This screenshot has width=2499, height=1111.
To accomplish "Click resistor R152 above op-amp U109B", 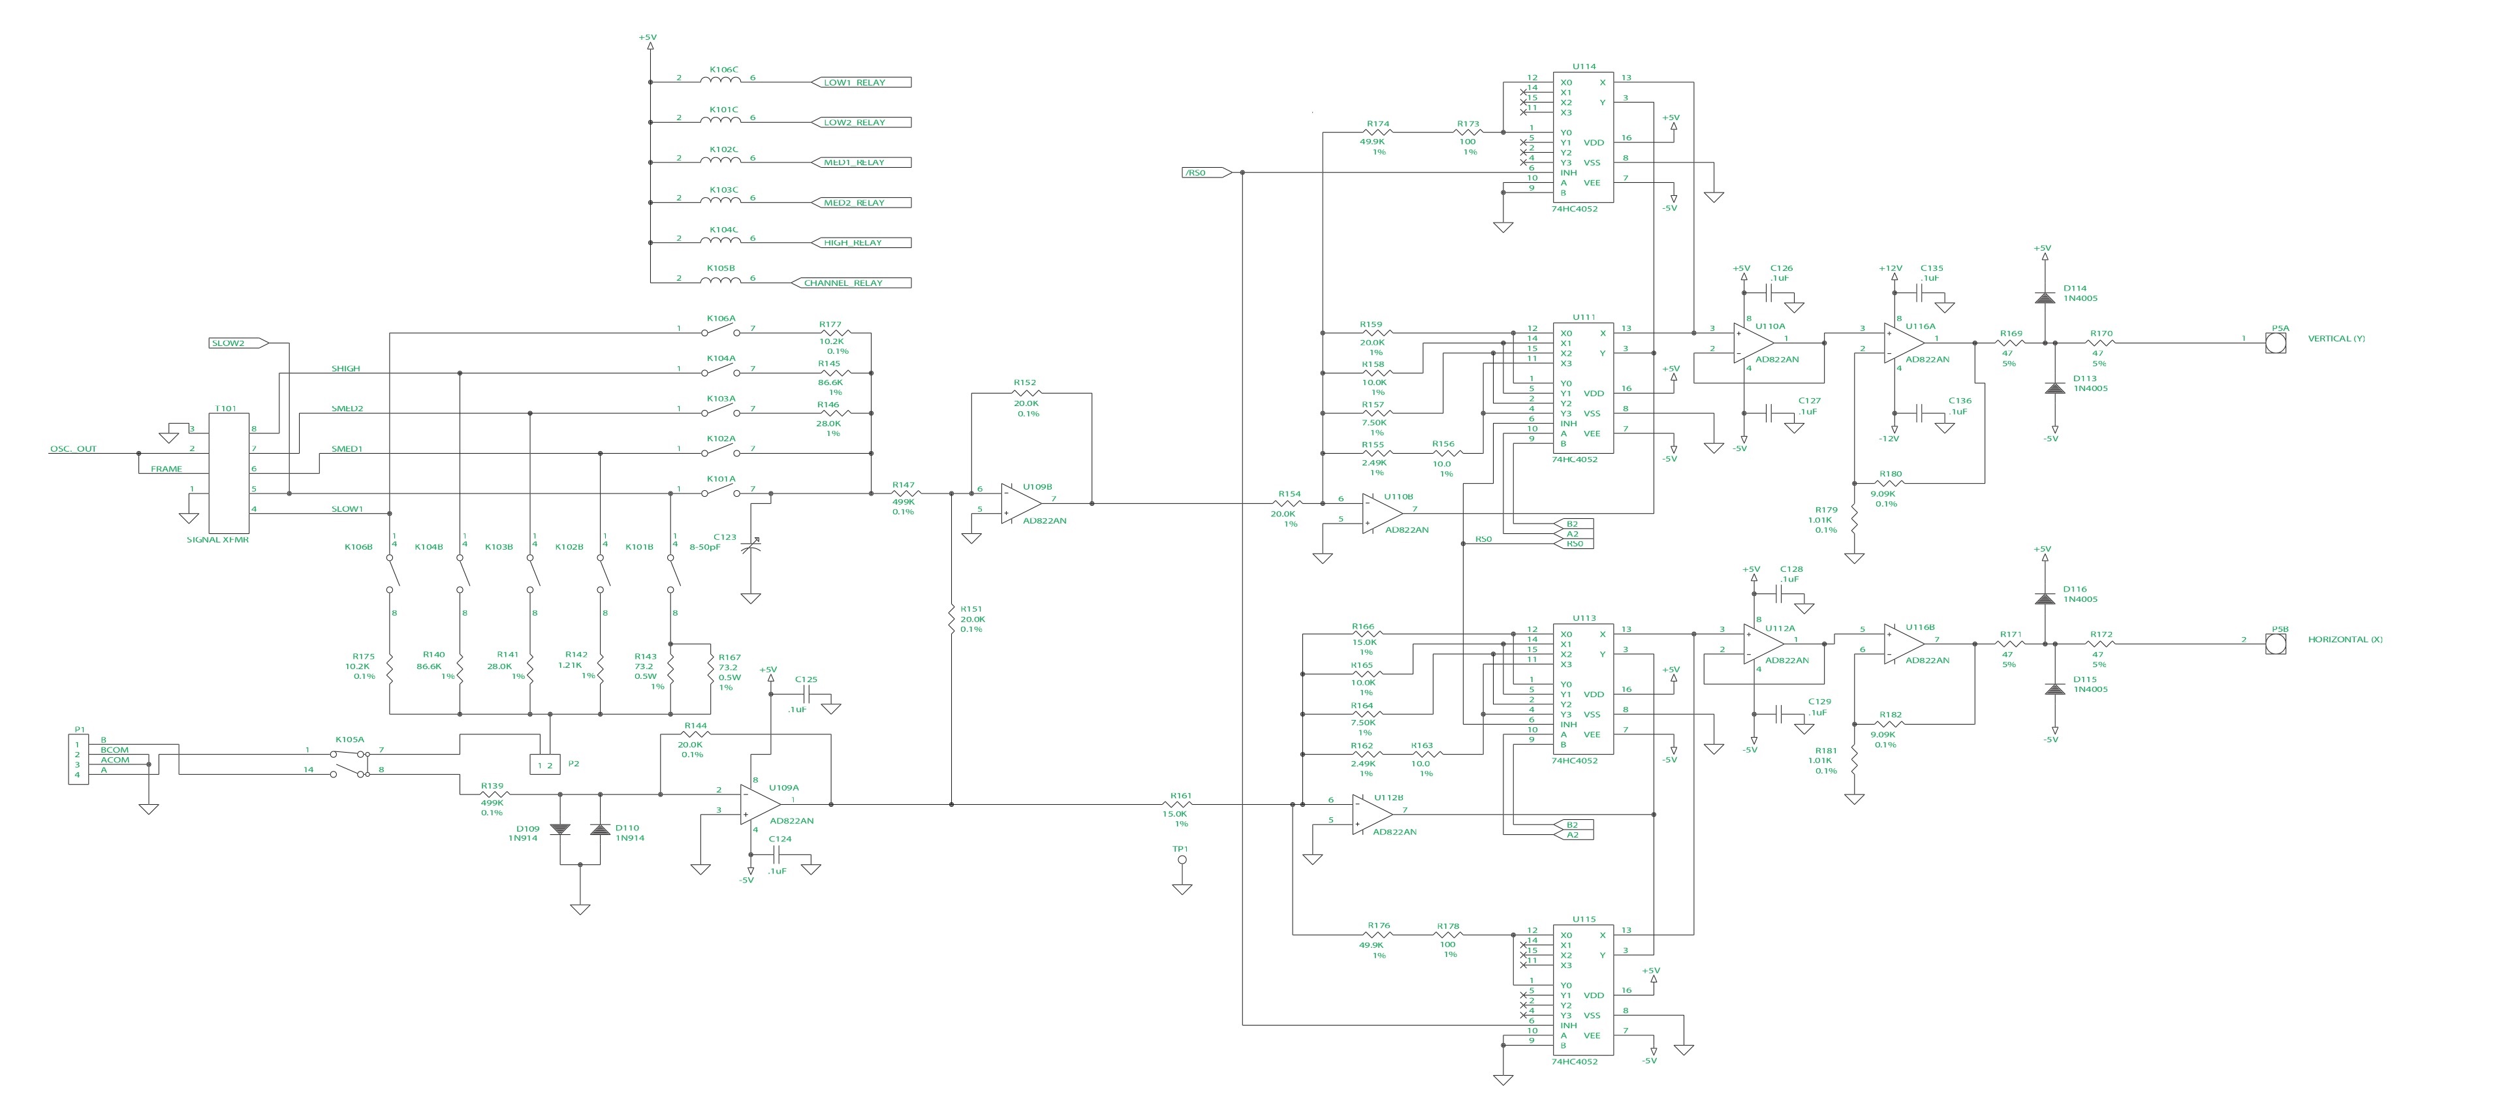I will (x=1026, y=394).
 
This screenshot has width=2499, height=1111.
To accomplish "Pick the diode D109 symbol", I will (x=559, y=830).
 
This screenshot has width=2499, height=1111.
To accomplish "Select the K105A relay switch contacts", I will (x=351, y=762).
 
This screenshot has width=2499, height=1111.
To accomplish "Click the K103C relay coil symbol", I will (x=721, y=201).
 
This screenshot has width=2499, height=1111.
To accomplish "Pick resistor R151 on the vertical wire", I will (x=952, y=619).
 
